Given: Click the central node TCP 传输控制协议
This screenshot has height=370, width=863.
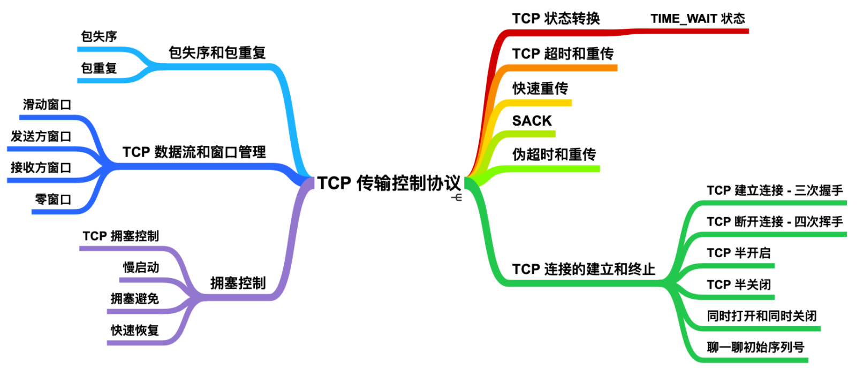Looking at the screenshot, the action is click(389, 183).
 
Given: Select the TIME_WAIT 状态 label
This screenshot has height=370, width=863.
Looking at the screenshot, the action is click(698, 19).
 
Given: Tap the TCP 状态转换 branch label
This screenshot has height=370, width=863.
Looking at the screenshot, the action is click(556, 19).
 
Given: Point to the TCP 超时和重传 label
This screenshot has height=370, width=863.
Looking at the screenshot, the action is click(563, 53).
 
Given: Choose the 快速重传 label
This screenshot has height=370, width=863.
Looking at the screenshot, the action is click(540, 88).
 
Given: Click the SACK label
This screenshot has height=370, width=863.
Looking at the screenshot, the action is click(532, 121).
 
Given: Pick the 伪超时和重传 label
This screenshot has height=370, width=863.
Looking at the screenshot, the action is click(554, 155).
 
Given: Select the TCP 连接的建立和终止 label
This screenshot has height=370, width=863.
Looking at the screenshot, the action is click(584, 269).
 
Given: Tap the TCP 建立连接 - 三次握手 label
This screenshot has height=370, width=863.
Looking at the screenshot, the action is click(775, 190).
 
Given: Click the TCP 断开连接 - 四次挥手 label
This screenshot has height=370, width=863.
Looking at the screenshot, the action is click(775, 221).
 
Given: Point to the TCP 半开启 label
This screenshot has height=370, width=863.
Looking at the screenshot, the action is click(739, 253).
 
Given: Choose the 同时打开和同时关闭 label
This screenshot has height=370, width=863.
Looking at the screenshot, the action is click(762, 316).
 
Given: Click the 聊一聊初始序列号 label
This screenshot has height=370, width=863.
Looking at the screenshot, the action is click(755, 348).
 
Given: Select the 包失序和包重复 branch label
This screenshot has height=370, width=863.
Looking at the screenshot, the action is click(217, 53).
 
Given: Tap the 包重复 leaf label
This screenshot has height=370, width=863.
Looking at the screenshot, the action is click(99, 68).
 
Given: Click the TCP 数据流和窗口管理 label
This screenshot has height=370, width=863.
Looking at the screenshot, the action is click(194, 152).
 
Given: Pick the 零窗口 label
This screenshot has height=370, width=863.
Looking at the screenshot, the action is click(53, 199).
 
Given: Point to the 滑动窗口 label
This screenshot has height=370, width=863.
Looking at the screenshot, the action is click(47, 105).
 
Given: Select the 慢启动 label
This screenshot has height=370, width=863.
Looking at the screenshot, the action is click(141, 267).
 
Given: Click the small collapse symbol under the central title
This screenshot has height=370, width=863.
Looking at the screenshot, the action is click(457, 198).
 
